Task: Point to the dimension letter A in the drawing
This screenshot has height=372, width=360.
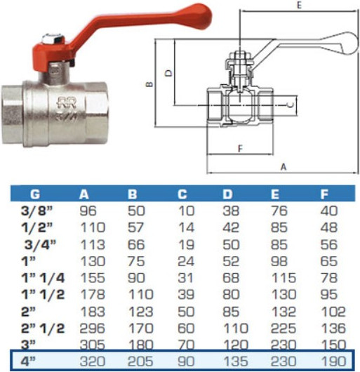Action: pos(283,166)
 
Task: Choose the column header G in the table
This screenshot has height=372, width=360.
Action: pos(34,194)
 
